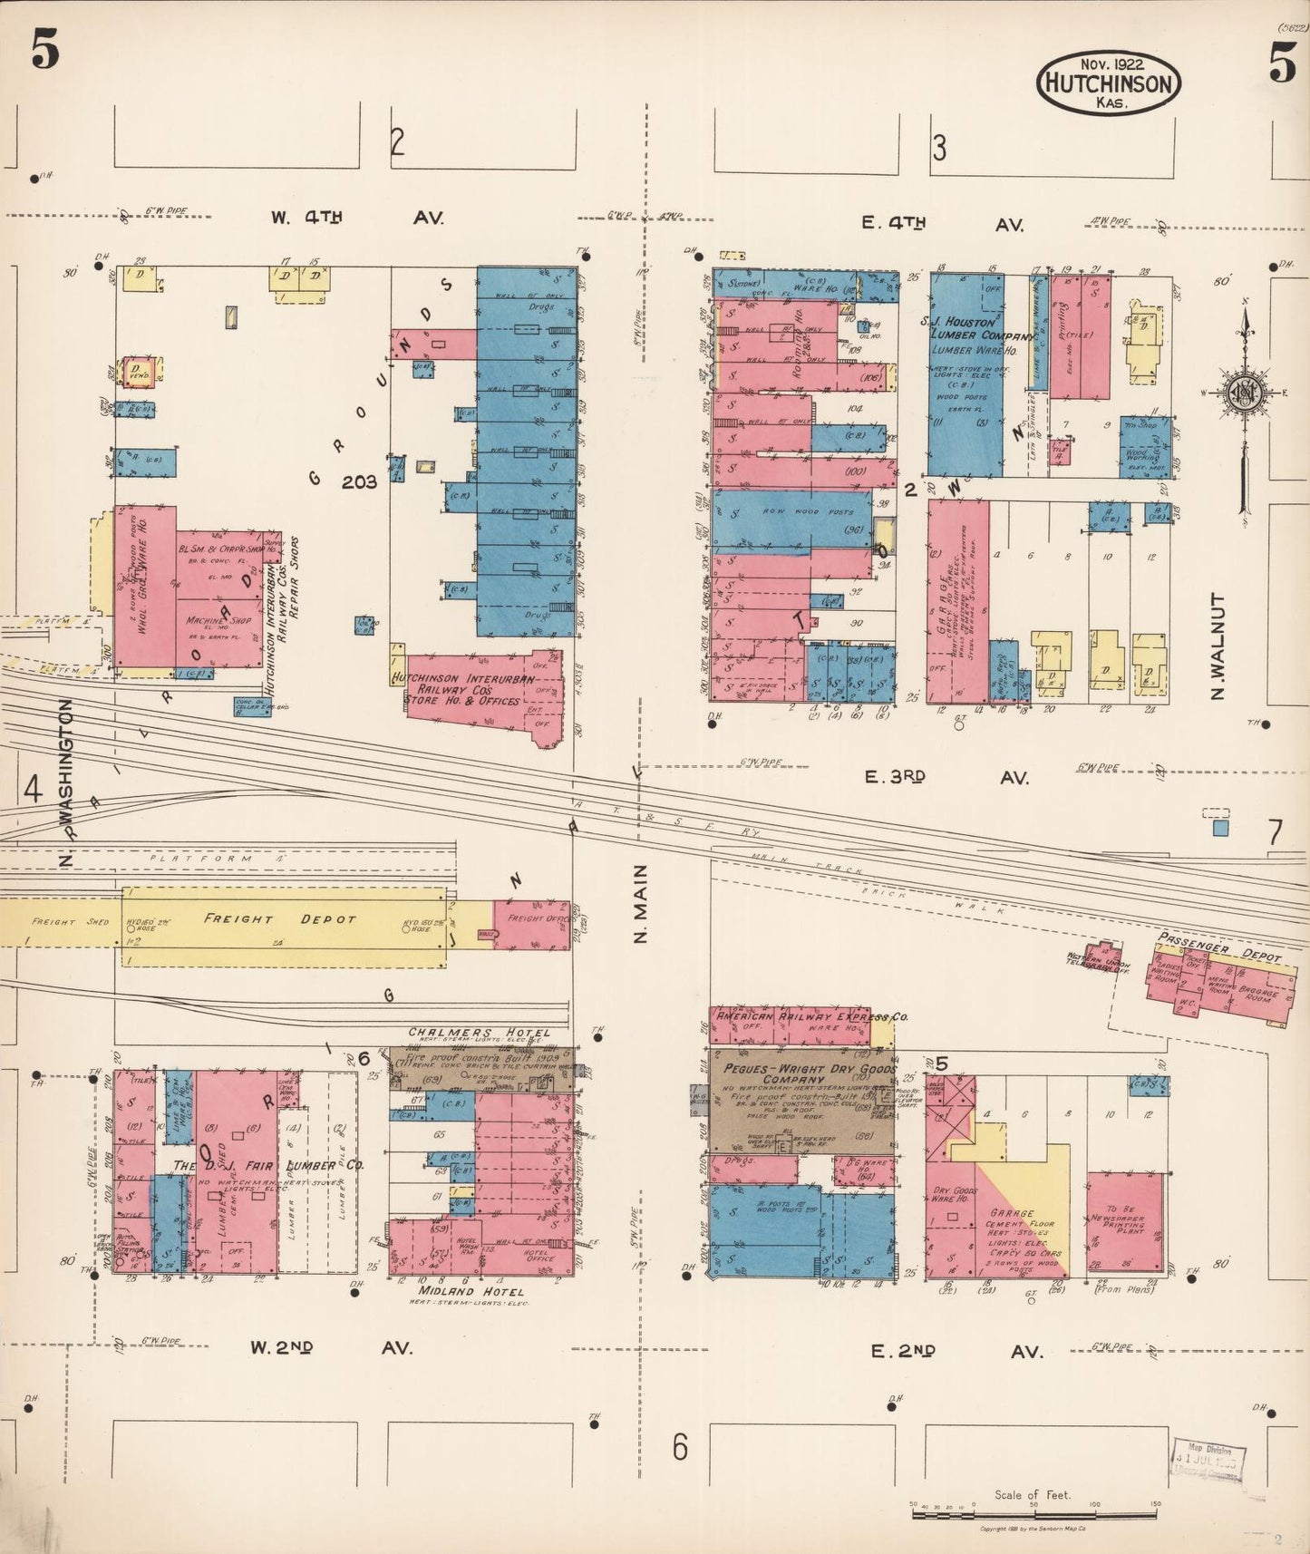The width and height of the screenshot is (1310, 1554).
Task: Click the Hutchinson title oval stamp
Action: pos(1109,83)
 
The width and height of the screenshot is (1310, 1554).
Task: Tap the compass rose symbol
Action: pos(1243,392)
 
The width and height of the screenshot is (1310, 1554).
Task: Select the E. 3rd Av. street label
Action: pos(946,777)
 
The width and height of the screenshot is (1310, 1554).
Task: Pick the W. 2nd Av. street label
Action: pos(331,1347)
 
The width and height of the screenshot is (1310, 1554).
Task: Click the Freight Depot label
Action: pos(280,919)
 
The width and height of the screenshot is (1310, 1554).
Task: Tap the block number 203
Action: pos(359,482)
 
